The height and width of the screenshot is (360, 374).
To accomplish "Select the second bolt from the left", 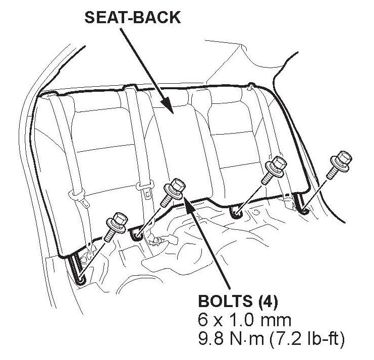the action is (x=173, y=192).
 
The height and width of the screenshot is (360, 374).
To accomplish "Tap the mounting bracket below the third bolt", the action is (x=237, y=213).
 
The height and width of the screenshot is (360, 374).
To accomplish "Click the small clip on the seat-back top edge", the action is (x=250, y=88).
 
